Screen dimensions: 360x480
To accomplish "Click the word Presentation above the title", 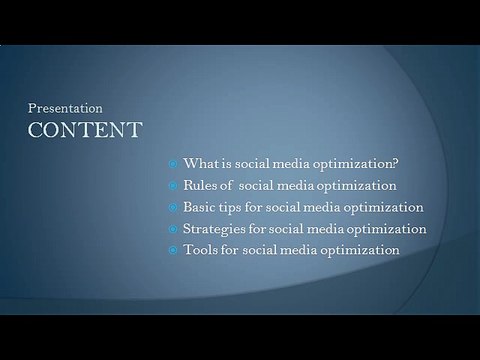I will tap(64, 108).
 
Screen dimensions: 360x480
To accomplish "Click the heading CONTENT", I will tap(84, 130).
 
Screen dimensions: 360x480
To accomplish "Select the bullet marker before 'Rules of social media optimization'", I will tap(172, 185).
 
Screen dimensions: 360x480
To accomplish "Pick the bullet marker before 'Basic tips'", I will tap(172, 207).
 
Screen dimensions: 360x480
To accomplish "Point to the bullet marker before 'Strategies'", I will tap(172, 229).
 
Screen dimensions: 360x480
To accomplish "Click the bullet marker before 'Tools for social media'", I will tap(172, 250).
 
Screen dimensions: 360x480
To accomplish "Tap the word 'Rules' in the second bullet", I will tap(200, 185).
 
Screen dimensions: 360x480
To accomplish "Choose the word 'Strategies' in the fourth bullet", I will tap(213, 229).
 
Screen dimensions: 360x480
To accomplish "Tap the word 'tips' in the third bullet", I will tap(234, 207).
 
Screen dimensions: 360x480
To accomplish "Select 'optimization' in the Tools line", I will tap(360, 250).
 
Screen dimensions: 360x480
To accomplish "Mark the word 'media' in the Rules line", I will tap(297, 185).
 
